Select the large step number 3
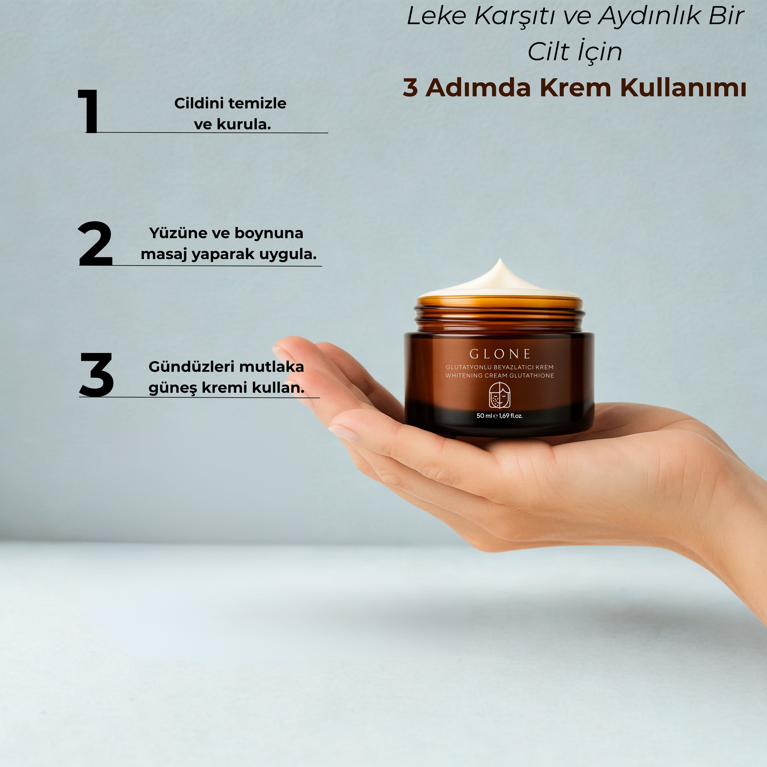point(96,374)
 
